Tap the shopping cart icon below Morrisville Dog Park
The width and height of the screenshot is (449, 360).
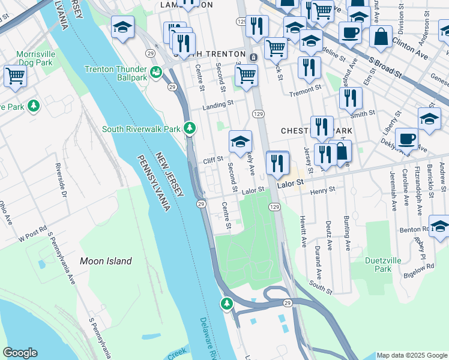15,76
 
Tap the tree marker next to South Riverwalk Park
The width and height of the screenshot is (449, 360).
190,128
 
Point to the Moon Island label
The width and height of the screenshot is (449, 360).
106,261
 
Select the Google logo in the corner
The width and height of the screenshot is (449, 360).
20,353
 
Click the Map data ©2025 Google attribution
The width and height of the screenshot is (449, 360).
412,355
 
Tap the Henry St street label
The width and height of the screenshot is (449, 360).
323,190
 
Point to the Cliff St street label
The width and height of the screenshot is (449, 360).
212,160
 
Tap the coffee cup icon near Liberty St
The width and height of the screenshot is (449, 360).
406,139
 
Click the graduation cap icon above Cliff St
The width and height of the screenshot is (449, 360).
240,142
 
